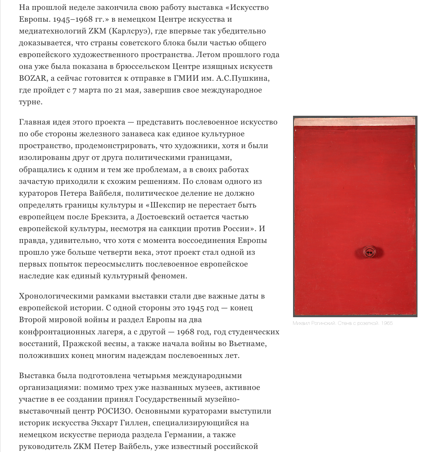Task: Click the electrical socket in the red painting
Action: [368, 252]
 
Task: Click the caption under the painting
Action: [343, 323]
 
